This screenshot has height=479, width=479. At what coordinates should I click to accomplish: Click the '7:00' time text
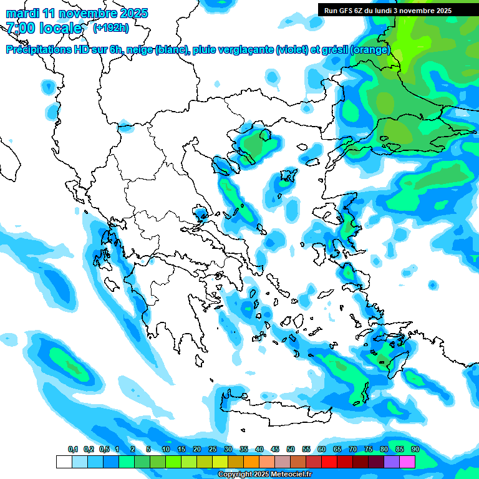[x=20, y=28]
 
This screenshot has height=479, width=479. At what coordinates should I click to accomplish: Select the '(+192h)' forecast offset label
[x=110, y=27]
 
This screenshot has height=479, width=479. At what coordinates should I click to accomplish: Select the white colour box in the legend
[x=64, y=462]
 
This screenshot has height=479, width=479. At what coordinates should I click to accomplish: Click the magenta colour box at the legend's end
[x=407, y=462]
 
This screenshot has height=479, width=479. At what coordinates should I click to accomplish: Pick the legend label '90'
[x=415, y=449]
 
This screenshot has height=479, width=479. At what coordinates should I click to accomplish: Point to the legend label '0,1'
[x=73, y=449]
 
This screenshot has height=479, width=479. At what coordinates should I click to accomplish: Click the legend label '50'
[x=290, y=449]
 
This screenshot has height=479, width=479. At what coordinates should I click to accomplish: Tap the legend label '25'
[x=212, y=449]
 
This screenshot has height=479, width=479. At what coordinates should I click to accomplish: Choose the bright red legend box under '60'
[x=329, y=462]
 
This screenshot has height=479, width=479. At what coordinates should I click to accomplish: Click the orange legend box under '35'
[x=251, y=462]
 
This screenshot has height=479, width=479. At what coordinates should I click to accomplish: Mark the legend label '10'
[x=165, y=449]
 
